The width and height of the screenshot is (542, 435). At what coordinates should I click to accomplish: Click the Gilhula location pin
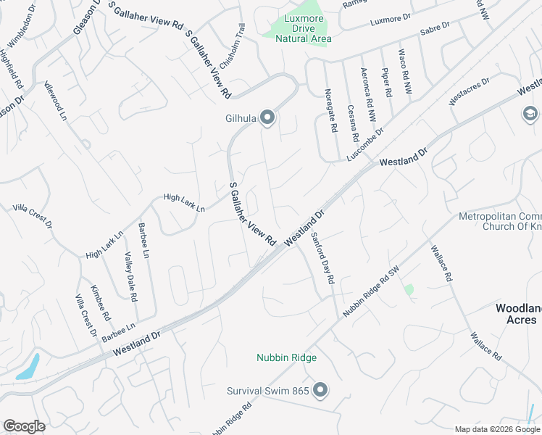pos(267,117)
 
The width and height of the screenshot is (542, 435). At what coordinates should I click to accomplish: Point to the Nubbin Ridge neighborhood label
pos(286,357)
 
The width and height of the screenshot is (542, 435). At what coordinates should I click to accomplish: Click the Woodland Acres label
pos(517,314)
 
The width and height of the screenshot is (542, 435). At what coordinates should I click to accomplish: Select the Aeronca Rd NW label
pos(369,94)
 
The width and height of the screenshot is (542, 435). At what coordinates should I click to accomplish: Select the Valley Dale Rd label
pos(130,276)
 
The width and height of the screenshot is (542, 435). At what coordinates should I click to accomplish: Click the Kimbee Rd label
pos(100,303)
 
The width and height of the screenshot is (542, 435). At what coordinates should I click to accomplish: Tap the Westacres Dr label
pos(469,91)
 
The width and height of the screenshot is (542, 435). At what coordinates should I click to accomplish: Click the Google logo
pos(24,426)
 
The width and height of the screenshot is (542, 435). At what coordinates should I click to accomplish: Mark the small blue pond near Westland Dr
pos(28,368)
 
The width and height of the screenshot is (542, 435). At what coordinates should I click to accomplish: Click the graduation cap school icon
pos(530,114)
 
